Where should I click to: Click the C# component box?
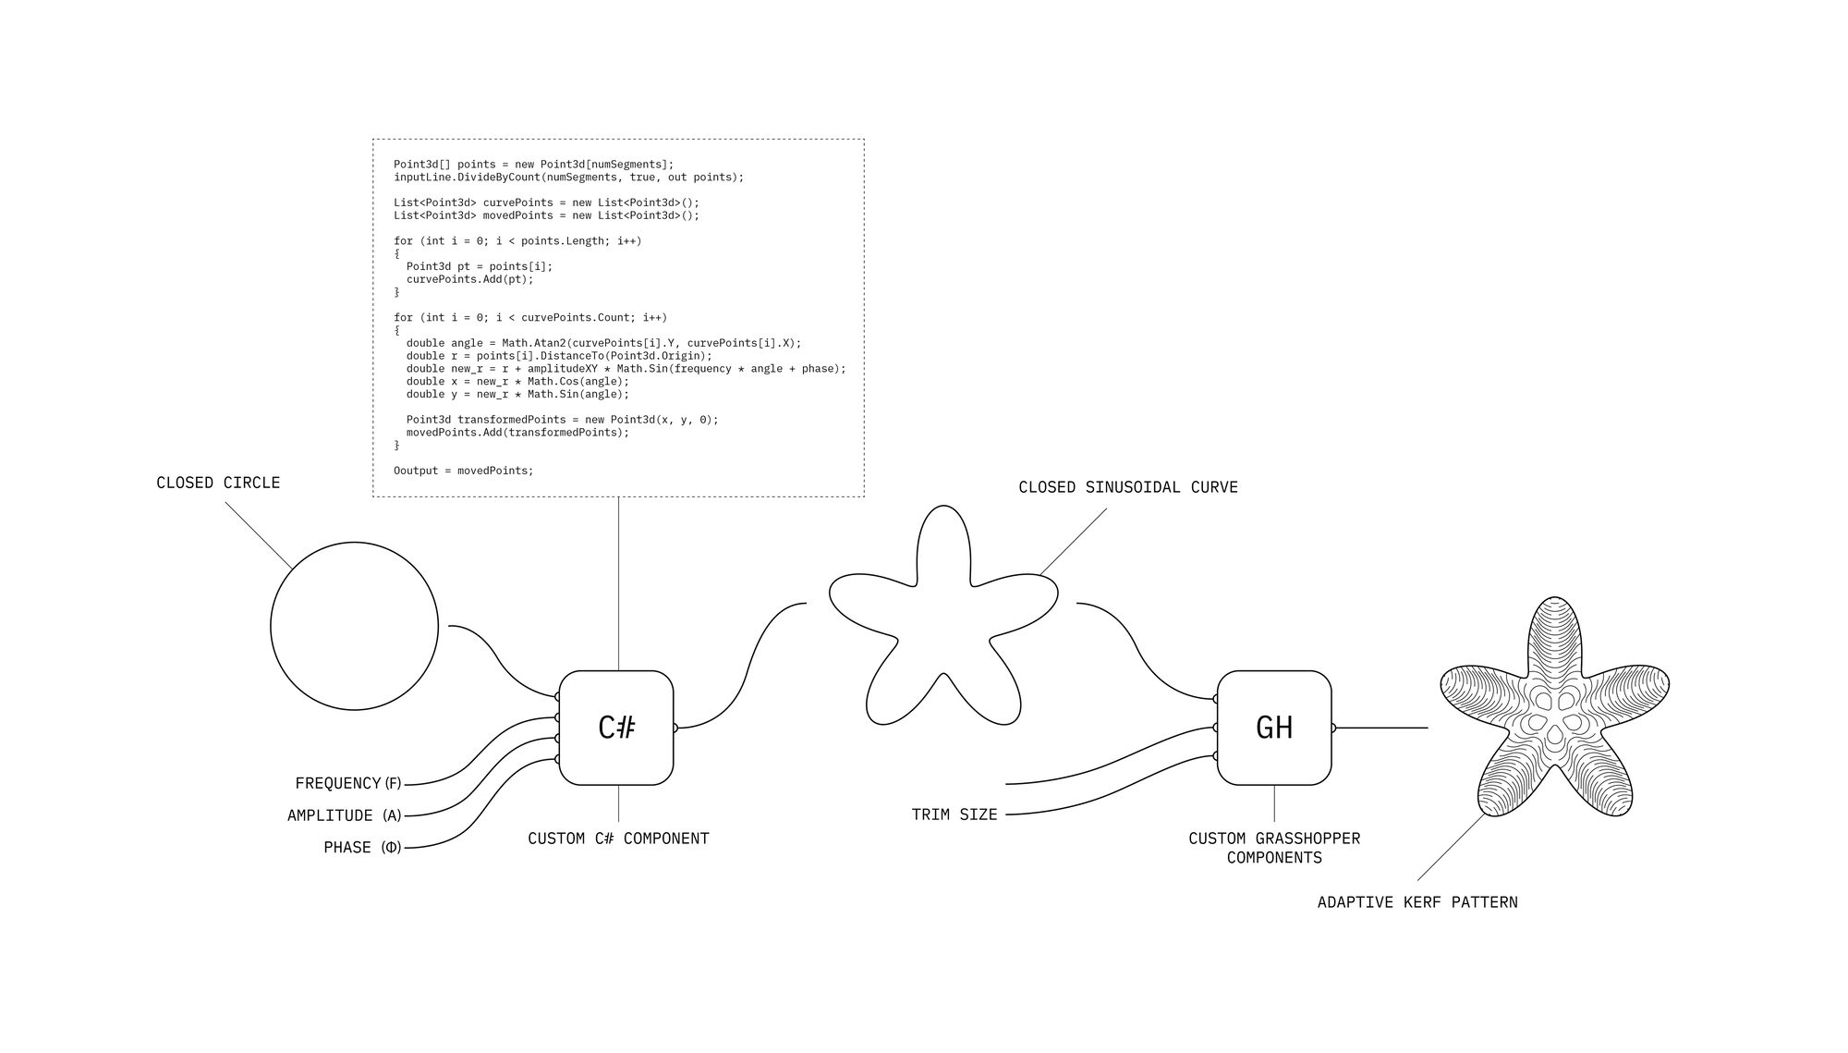616,728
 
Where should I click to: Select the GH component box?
1274,728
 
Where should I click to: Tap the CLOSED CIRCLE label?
218,483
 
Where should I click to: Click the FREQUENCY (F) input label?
348,783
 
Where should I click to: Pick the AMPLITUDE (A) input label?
345,815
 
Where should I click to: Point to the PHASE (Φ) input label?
362,847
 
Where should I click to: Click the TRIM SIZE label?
954,814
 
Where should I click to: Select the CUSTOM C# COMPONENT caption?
618,839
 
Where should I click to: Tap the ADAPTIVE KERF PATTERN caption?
1417,902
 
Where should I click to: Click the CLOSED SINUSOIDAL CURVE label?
1128,487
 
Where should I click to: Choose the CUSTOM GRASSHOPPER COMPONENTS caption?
1274,848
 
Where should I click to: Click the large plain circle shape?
355,626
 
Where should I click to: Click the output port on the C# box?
675,728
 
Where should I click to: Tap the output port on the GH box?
1333,728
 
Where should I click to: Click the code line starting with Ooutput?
464,471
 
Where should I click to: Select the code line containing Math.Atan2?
604,343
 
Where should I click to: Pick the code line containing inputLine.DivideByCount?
568,177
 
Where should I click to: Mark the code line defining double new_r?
626,369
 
